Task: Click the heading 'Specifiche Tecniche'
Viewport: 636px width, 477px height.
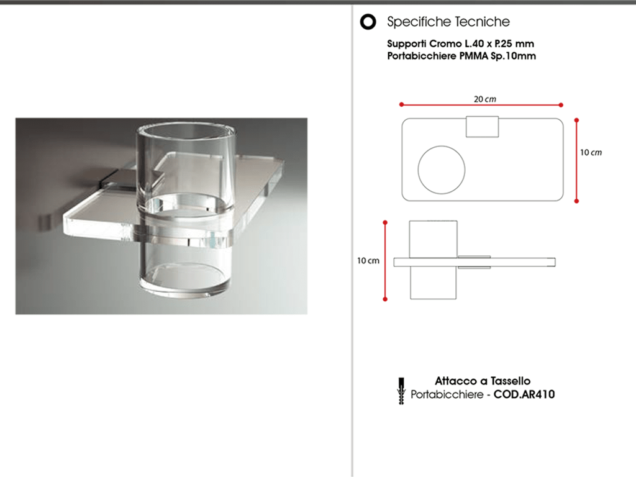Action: click(x=448, y=22)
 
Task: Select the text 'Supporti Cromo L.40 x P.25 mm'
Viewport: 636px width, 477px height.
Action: click(x=460, y=43)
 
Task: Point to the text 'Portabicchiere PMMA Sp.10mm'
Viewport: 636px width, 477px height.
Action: click(x=461, y=56)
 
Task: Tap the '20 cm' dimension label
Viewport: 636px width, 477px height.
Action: click(x=484, y=99)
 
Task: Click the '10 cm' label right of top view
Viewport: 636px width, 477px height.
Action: click(x=591, y=153)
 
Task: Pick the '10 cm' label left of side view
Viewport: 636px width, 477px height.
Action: click(x=368, y=260)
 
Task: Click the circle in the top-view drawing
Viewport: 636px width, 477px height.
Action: click(x=442, y=146)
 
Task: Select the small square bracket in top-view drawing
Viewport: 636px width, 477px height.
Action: click(x=482, y=127)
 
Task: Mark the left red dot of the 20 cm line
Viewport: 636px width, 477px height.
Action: click(x=402, y=104)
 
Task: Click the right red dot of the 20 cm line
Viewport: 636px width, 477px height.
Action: click(x=561, y=105)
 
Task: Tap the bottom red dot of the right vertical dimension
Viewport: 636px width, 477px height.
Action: click(x=576, y=201)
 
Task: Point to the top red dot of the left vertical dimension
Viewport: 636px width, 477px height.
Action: click(x=385, y=222)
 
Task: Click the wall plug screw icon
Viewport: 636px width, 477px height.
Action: click(x=402, y=391)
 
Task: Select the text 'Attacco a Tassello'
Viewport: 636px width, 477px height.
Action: click(x=483, y=381)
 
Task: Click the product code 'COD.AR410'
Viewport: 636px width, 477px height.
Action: click(x=524, y=394)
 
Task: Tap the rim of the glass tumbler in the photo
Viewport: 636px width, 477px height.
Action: click(x=186, y=122)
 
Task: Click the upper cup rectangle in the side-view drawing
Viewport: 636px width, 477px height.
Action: click(x=433, y=239)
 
